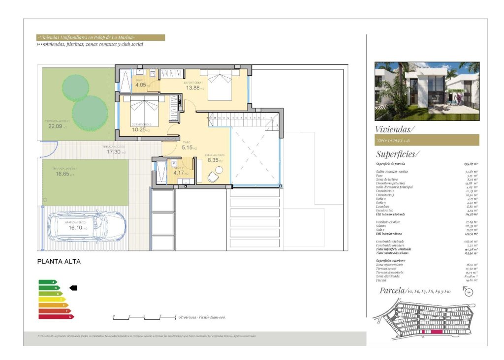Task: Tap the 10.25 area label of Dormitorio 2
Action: click(x=141, y=129)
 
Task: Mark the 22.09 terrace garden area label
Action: click(x=58, y=126)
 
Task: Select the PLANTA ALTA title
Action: click(x=59, y=262)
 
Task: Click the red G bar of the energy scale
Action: click(x=56, y=317)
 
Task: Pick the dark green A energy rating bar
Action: click(x=47, y=282)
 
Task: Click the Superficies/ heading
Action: click(x=397, y=154)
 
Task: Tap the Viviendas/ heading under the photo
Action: click(x=395, y=129)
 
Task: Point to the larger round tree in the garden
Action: click(x=90, y=113)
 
